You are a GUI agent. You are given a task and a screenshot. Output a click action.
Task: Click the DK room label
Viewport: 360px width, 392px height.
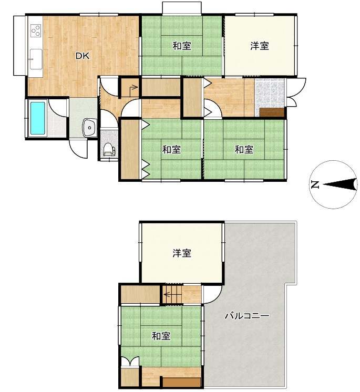[x=83, y=56]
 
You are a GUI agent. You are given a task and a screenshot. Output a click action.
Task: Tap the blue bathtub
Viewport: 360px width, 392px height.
[x=37, y=118]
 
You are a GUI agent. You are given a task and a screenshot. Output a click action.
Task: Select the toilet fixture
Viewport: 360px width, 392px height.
[x=109, y=150]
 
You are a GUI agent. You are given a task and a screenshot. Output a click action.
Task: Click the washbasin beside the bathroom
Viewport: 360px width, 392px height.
[x=89, y=127]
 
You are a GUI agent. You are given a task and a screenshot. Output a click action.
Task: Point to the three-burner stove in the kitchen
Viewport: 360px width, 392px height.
[x=36, y=31]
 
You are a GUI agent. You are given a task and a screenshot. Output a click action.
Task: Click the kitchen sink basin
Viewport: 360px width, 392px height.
[x=36, y=59]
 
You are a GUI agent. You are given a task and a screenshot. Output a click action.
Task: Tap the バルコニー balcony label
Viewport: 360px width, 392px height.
[x=247, y=316]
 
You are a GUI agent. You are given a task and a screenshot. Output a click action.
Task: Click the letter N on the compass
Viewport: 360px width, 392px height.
[x=315, y=184]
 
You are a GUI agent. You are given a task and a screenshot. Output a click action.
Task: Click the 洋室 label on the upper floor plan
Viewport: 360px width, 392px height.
[x=182, y=253]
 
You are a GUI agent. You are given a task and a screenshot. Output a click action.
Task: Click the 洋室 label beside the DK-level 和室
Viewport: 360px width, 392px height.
[x=260, y=46]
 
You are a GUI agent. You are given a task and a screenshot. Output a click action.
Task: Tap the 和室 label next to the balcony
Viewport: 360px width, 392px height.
[x=161, y=336]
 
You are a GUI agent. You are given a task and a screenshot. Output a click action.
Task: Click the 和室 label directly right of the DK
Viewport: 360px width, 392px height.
[x=182, y=46]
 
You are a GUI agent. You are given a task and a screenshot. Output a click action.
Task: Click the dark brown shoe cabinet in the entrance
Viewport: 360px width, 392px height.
[x=272, y=112]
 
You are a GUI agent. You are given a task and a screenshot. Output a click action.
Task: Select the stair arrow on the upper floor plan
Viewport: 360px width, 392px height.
[x=172, y=294]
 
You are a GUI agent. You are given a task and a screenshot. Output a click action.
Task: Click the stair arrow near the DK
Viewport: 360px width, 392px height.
[x=133, y=88]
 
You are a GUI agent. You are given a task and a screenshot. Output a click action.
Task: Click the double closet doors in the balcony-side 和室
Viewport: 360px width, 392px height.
[x=130, y=362]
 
